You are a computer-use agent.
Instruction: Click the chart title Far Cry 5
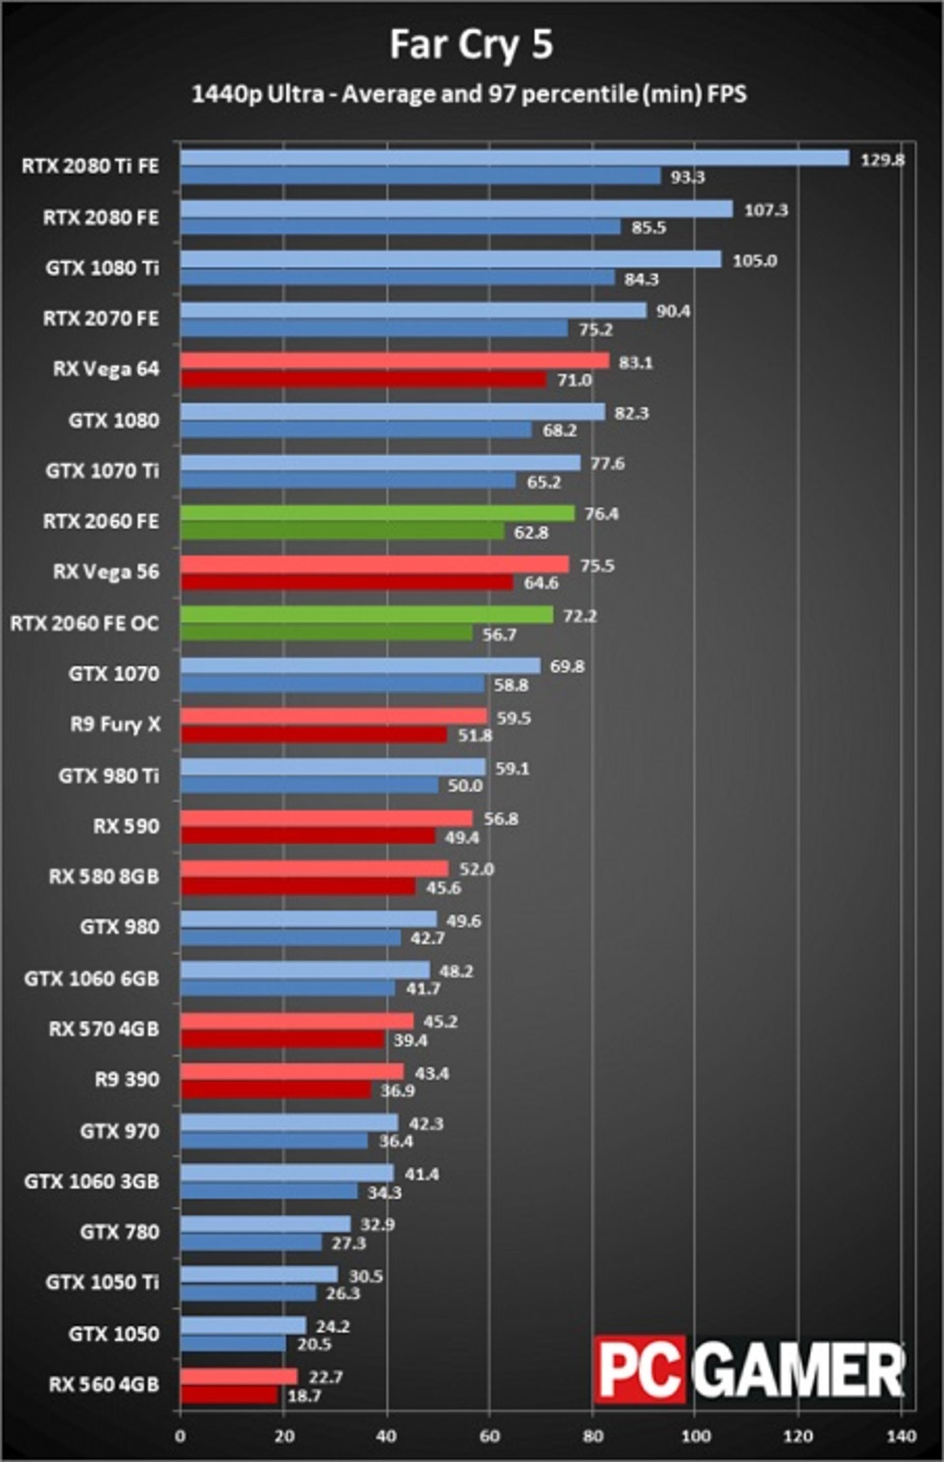coord(472,45)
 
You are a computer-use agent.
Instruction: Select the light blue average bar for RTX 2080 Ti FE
coord(515,158)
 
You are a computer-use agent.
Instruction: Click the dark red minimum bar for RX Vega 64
coord(363,380)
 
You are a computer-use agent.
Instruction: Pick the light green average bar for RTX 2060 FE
coord(378,513)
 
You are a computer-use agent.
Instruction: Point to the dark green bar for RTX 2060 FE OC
coord(327,633)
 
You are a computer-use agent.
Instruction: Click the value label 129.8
coord(882,160)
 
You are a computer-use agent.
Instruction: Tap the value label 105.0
coord(755,261)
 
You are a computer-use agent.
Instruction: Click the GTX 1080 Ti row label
coord(102,269)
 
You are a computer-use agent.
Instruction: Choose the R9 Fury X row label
coord(115,724)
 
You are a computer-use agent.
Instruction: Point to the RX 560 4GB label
coord(104,1384)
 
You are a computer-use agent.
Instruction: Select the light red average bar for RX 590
coord(327,818)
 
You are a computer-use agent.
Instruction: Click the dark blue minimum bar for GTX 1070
coord(333,684)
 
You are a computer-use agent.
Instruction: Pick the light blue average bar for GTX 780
coord(265,1224)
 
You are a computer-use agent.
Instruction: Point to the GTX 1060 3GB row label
coord(92,1181)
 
